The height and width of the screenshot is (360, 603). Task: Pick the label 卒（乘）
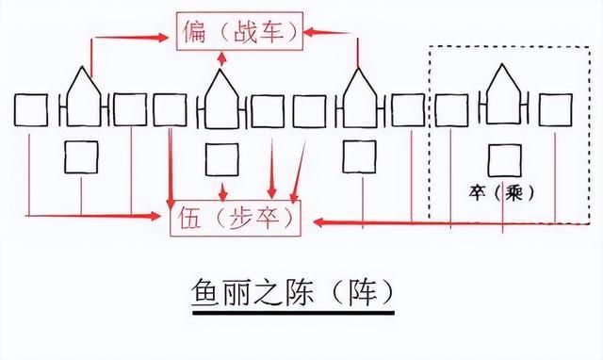pos(501,192)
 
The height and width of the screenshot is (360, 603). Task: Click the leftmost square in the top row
pos(30,109)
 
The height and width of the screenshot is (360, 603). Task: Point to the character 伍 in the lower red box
pos(187,221)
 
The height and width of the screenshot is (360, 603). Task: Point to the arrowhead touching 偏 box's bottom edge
pos(222,55)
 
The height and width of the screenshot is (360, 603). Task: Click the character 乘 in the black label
pos(514,192)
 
